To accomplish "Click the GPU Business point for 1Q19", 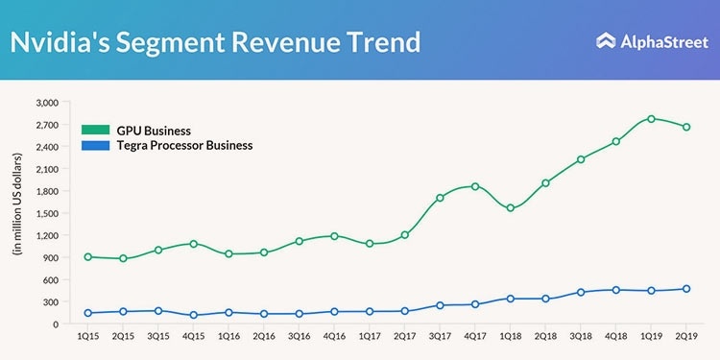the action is [x=651, y=119].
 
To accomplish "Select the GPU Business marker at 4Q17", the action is [x=475, y=186].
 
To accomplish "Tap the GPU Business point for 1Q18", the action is [x=510, y=208].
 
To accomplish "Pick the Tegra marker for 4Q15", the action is [x=193, y=315].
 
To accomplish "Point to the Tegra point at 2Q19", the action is [x=686, y=289].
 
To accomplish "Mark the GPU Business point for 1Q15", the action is [x=87, y=257].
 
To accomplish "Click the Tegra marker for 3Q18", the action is [x=581, y=292].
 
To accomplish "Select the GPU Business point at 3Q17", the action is [x=440, y=198].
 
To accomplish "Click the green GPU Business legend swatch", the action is [x=95, y=130].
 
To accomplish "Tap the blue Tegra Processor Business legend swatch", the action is [x=95, y=146].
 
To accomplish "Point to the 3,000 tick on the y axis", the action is [x=47, y=103].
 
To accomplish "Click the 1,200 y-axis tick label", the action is [x=47, y=235].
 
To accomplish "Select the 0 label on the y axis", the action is [x=56, y=324].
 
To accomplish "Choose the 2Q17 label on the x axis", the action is [x=404, y=337].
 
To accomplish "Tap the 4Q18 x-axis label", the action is [x=615, y=337].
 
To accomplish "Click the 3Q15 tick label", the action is [x=158, y=337].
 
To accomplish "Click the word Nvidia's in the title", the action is [x=60, y=42].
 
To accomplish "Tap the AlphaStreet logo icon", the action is [x=606, y=41].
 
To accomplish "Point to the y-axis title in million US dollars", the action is [x=18, y=204].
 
